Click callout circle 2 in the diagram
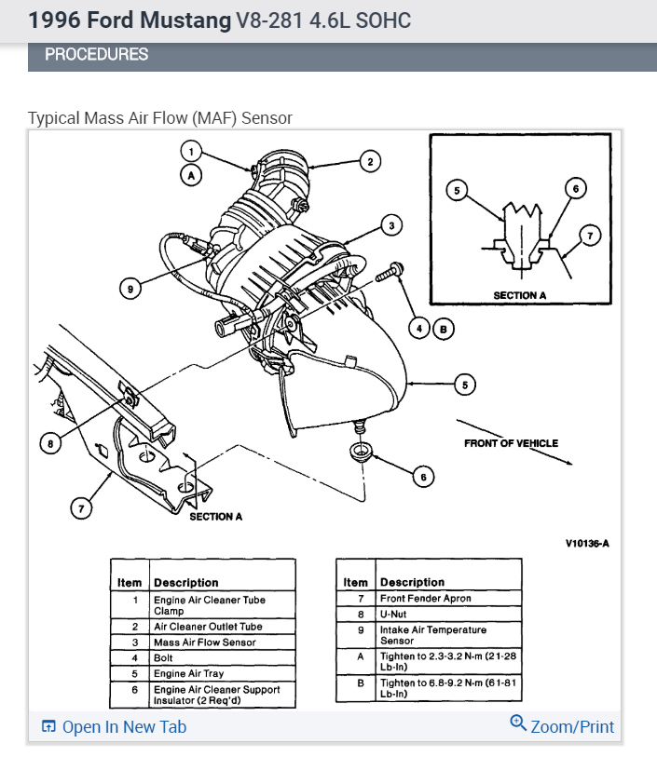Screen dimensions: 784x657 click(x=369, y=162)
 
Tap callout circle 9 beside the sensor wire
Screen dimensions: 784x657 click(x=130, y=289)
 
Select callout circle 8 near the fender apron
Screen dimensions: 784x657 click(x=50, y=444)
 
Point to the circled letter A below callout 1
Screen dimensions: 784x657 click(x=191, y=175)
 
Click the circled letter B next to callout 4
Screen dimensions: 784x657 click(x=445, y=328)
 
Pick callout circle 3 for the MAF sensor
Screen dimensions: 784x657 click(x=392, y=225)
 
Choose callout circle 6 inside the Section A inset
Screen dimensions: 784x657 click(x=575, y=189)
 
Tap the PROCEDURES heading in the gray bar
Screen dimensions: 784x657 click(x=96, y=55)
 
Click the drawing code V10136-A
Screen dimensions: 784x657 click(x=587, y=543)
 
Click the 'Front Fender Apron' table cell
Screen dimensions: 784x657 click(x=425, y=599)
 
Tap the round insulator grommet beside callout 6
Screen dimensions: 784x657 click(x=361, y=453)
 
